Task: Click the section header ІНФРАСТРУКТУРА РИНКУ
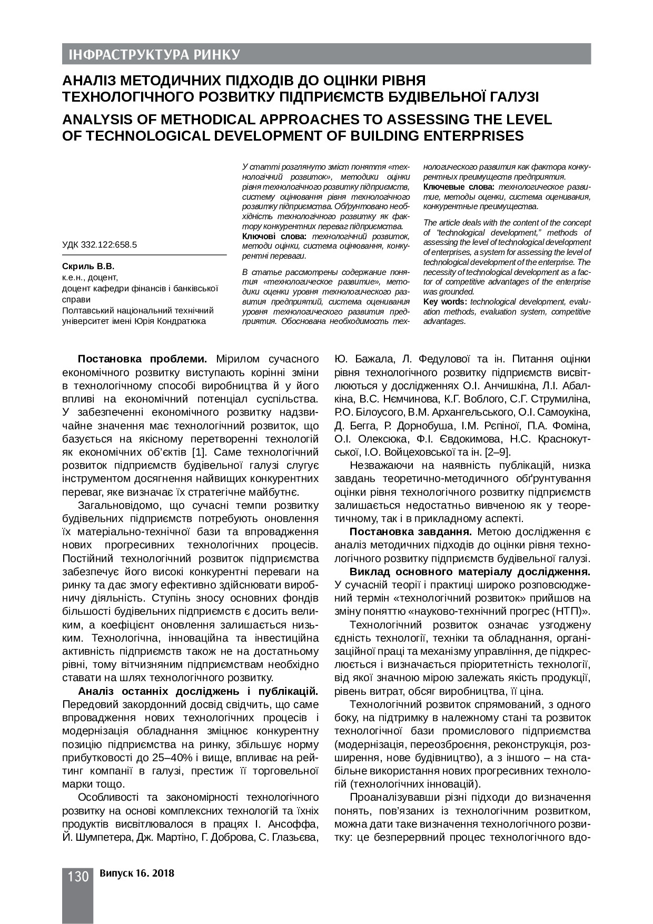point(152,55)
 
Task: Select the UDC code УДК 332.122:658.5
point(100,244)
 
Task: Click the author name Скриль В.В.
point(88,267)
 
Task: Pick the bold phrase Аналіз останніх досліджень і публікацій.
point(198,691)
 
